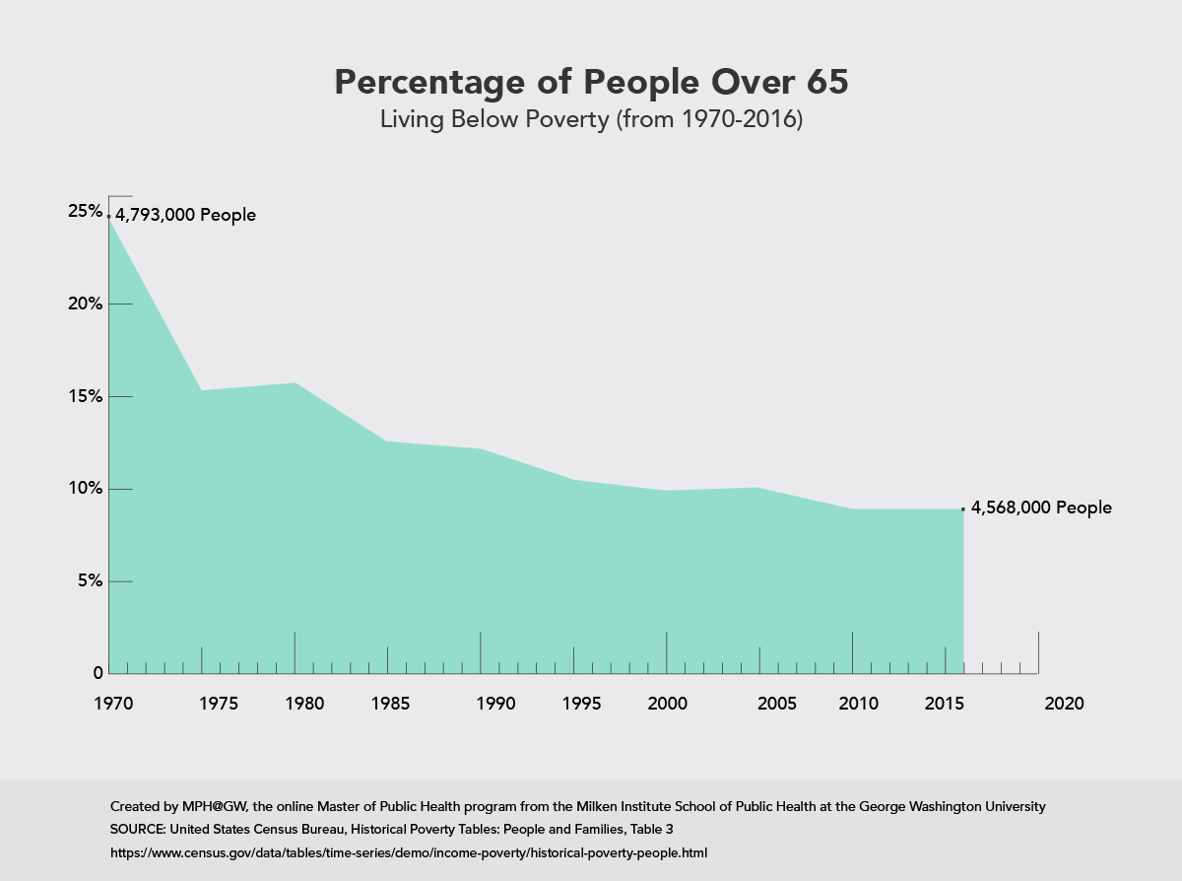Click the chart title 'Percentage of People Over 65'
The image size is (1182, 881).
591,83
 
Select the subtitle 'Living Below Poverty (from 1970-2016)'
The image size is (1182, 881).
591,120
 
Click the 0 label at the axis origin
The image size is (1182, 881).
98,674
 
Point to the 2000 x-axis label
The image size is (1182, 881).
668,705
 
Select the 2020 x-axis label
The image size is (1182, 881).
1064,705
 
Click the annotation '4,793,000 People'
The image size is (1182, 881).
185,215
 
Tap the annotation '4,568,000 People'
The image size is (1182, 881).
1041,508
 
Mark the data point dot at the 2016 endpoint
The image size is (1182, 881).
962,509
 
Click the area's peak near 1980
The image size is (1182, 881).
295,383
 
